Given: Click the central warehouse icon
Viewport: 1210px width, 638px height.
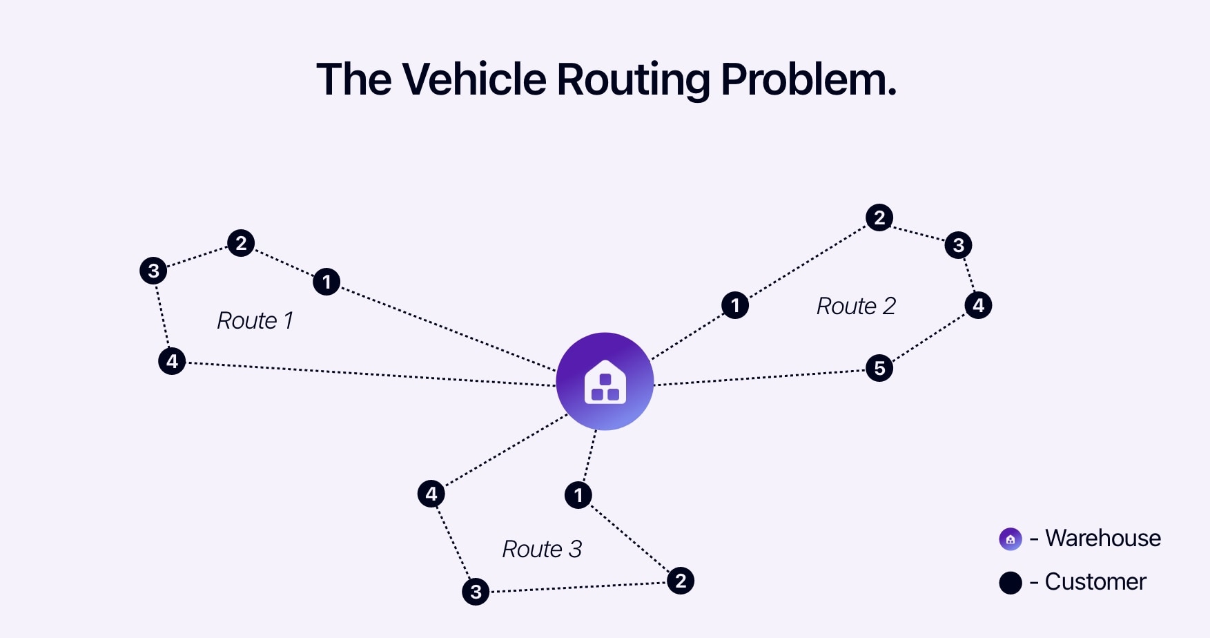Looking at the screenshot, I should pyautogui.click(x=605, y=381).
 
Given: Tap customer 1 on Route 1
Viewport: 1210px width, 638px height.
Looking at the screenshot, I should pyautogui.click(x=326, y=282).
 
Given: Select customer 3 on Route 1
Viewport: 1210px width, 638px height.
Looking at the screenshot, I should pyautogui.click(x=153, y=271).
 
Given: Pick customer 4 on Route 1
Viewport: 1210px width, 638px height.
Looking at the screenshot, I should pyautogui.click(x=172, y=361).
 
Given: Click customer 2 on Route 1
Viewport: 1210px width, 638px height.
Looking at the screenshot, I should pyautogui.click(x=241, y=243).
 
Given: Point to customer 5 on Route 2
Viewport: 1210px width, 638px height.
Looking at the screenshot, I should pyautogui.click(x=879, y=368).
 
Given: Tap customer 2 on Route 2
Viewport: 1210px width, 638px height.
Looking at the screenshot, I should pyautogui.click(x=879, y=217).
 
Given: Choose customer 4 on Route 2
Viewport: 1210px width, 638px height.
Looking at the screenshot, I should pyautogui.click(x=978, y=305).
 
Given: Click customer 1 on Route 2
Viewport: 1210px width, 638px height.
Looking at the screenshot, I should pyautogui.click(x=735, y=304).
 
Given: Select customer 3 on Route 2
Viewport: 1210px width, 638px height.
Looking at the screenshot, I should pyautogui.click(x=958, y=245).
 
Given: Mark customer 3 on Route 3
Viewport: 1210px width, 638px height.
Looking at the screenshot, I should pyautogui.click(x=476, y=592).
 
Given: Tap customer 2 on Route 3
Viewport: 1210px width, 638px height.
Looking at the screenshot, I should pyautogui.click(x=681, y=581).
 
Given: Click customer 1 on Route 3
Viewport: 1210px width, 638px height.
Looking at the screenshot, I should pyautogui.click(x=578, y=495).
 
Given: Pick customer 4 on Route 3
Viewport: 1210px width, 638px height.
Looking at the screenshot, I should pyautogui.click(x=431, y=494).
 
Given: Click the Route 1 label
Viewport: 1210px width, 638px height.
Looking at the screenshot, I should pyautogui.click(x=255, y=320).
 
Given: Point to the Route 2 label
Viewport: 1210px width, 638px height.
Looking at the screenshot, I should pyautogui.click(x=856, y=306).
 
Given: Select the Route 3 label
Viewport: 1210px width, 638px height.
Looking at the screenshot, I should pyautogui.click(x=542, y=549).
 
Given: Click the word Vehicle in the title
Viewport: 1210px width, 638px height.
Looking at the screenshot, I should pyautogui.click(x=474, y=79).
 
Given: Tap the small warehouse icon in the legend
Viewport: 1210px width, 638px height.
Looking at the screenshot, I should pyautogui.click(x=1011, y=539).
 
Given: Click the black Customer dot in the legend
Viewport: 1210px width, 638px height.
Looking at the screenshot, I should pyautogui.click(x=1011, y=583).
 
